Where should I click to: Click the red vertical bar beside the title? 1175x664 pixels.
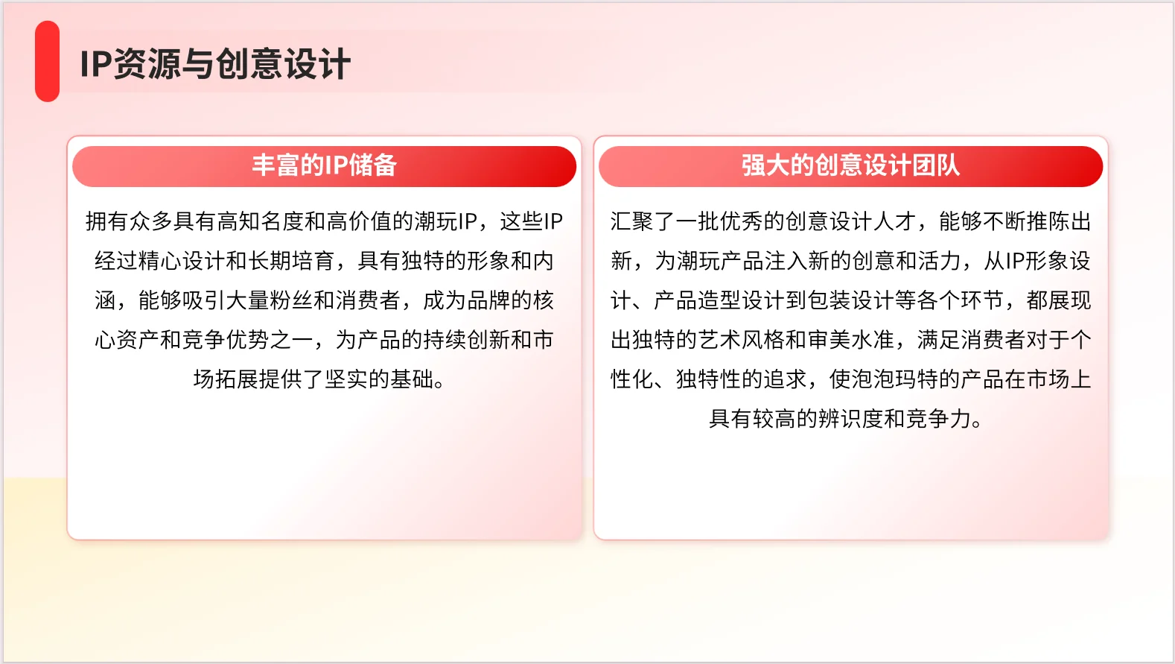(47, 61)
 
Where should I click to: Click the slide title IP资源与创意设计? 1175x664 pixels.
(214, 64)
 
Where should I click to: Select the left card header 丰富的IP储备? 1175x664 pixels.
(324, 165)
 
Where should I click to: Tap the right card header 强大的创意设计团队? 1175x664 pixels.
(850, 165)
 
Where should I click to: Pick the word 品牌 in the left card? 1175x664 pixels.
(488, 300)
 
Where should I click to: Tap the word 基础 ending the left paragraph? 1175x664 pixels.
(412, 379)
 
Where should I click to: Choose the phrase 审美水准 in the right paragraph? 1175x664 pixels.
(850, 340)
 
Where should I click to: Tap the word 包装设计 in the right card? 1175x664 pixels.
(850, 300)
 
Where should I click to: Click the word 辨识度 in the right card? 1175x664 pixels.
(850, 419)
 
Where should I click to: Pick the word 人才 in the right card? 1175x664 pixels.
(894, 221)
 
